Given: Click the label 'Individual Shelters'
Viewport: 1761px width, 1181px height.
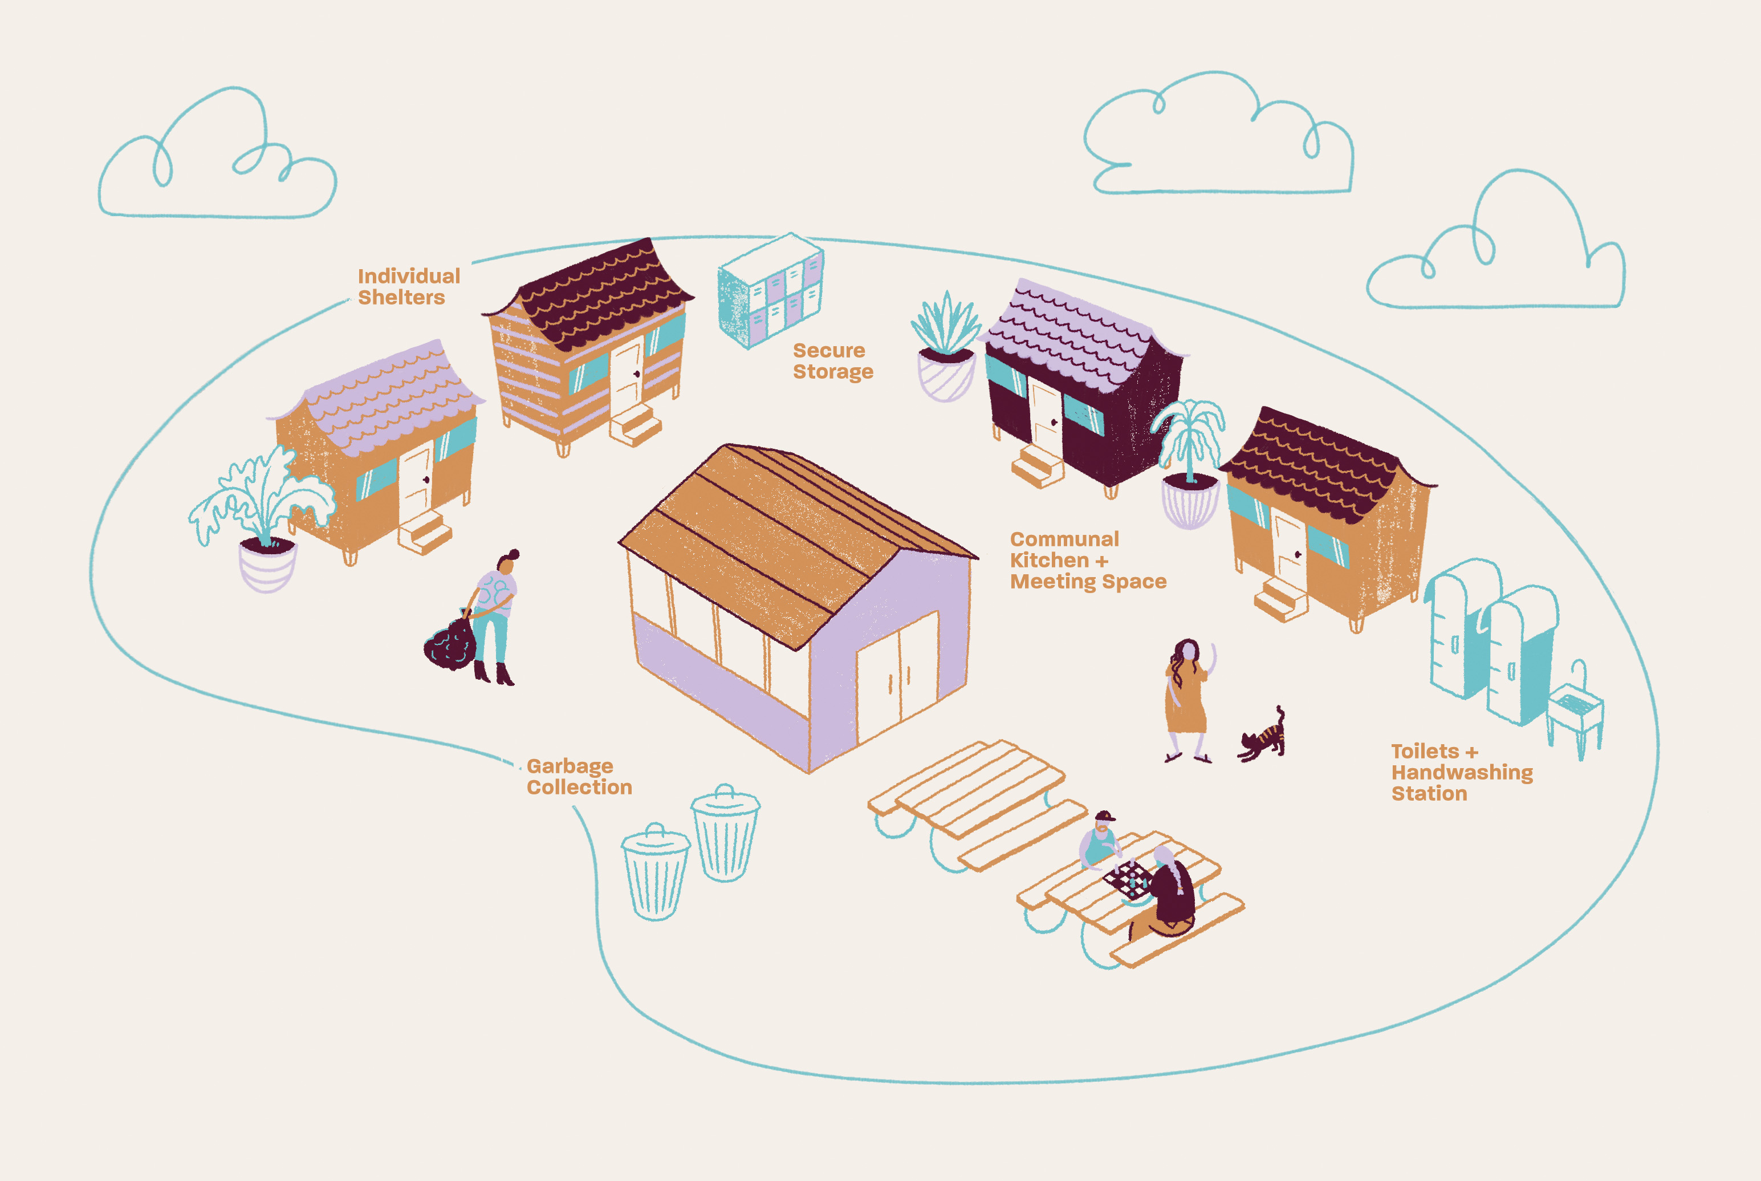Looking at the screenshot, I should (408, 287).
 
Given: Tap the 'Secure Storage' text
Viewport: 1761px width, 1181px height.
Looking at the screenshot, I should (832, 362).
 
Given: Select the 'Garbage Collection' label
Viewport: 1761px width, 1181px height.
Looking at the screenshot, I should (578, 777).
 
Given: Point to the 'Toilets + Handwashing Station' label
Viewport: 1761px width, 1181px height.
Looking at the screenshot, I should (1461, 772).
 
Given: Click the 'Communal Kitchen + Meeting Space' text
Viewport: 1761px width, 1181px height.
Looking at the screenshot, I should (1087, 561).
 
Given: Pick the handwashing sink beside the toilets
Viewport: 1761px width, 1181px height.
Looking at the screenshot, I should (1575, 712).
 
